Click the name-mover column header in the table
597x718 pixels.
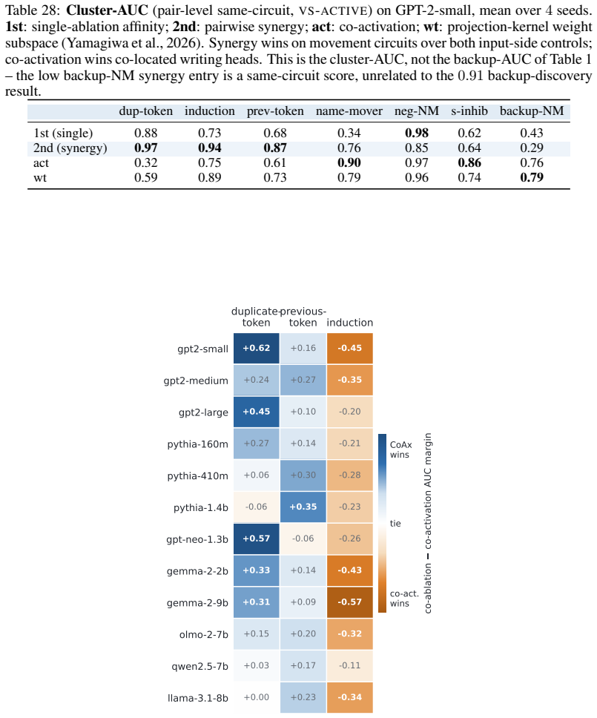tap(349, 111)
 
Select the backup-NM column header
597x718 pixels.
tap(532, 111)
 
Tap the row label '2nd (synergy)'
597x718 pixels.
tap(70, 148)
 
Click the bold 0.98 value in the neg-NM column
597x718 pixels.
tap(417, 134)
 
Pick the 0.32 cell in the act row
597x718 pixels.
tap(145, 163)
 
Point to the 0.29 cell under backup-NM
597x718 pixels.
tap(532, 148)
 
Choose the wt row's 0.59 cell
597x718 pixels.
tap(145, 178)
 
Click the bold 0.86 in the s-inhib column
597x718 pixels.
tap(469, 163)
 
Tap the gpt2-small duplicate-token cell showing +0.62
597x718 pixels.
tap(257, 348)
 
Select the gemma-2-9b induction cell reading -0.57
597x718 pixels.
tap(350, 602)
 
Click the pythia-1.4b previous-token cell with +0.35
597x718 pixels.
tap(303, 507)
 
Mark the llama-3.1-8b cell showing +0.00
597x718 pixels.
tap(257, 697)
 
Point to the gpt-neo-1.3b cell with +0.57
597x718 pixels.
tap(257, 538)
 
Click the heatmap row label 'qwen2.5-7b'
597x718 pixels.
tap(199, 666)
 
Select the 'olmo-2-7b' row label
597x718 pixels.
tap(204, 635)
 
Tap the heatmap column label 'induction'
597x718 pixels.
tap(350, 323)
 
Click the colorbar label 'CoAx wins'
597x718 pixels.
tap(401, 449)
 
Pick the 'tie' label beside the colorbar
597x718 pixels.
tap(395, 524)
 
